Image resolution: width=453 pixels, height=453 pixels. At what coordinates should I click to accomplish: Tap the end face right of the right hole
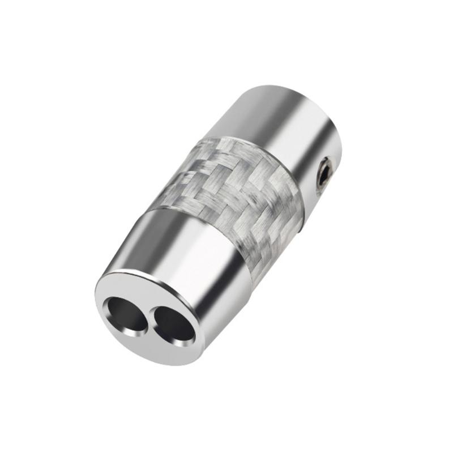196,334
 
